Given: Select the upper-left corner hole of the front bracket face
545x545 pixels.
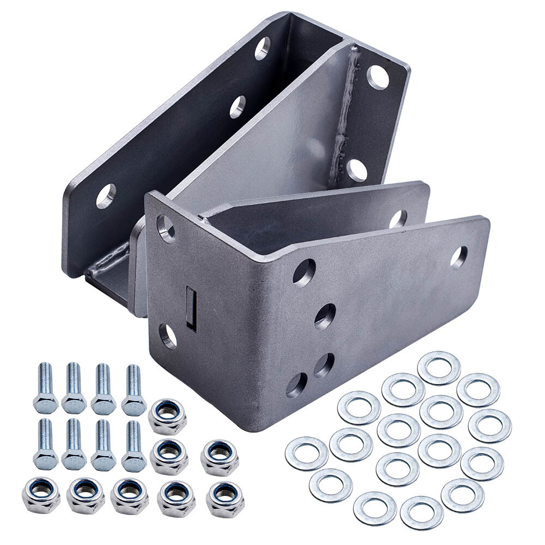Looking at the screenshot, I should [x=166, y=228].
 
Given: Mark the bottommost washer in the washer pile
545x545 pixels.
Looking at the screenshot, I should [x=421, y=512].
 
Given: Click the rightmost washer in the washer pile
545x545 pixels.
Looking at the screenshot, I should [x=489, y=426].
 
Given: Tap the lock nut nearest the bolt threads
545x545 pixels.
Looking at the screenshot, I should [x=167, y=416].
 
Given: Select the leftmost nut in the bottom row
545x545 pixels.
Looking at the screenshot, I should [x=41, y=494].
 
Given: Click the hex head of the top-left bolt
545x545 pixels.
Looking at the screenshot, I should [x=45, y=404].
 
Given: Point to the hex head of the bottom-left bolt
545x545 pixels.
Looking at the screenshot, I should [x=45, y=459].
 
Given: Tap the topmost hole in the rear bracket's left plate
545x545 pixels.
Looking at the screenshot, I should [x=262, y=48].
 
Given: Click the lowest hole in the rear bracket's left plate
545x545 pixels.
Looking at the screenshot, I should [x=106, y=196].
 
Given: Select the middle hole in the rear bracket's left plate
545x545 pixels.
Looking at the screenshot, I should [x=237, y=107].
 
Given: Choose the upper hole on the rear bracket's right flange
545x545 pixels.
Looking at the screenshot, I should [x=378, y=76].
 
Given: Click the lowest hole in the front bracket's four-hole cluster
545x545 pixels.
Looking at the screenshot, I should [x=296, y=385].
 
